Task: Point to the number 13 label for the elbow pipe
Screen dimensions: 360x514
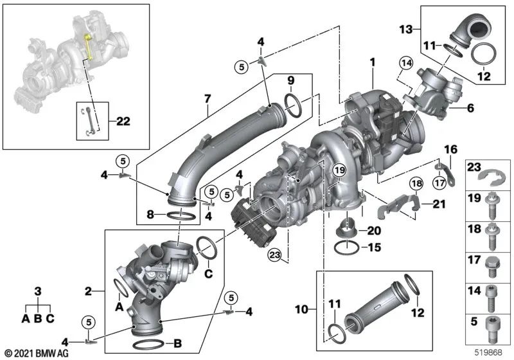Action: (405, 29)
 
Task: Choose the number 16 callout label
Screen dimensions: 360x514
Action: (451, 150)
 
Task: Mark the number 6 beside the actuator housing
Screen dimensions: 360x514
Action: (470, 109)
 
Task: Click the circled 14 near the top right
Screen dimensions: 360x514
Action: (405, 62)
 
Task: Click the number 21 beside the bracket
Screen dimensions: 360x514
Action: (438, 205)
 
